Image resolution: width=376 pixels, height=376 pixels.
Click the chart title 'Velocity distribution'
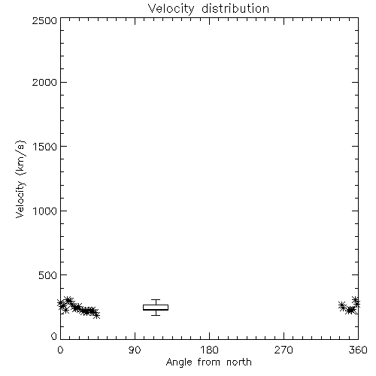tap(208, 9)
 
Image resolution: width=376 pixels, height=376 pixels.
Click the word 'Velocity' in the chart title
tap(171, 9)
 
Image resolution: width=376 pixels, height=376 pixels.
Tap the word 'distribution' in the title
tap(235, 8)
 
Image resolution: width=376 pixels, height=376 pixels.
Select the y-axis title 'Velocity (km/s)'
tap(20, 179)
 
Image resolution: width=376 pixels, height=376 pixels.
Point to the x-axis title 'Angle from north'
tap(208, 362)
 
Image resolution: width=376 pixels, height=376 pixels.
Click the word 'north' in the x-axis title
tap(239, 362)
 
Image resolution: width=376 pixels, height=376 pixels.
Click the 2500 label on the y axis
tap(44, 20)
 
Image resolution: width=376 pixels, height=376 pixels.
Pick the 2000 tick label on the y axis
tap(44, 82)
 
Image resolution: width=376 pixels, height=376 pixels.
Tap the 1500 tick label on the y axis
tap(45, 147)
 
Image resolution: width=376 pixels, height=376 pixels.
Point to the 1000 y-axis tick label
tap(45, 211)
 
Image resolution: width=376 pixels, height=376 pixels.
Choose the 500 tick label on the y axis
tap(48, 275)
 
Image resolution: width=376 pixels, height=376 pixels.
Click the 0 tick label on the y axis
tap(54, 336)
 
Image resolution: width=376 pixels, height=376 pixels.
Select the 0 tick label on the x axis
tap(60, 350)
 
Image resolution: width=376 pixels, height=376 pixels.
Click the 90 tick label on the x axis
tap(135, 350)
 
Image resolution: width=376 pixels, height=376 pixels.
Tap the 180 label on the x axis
tap(209, 350)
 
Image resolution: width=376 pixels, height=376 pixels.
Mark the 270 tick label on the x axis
tap(284, 350)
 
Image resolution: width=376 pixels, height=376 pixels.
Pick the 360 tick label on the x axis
tap(358, 350)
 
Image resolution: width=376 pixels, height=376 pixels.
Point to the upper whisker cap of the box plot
tap(156, 300)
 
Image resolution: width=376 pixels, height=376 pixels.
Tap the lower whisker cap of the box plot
tap(156, 315)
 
